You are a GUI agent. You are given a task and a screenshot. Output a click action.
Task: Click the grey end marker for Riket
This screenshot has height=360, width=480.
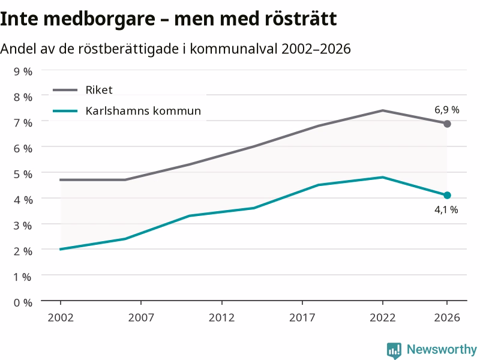tap(447, 124)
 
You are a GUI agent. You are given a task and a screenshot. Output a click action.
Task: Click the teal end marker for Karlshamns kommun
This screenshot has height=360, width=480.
tap(447, 195)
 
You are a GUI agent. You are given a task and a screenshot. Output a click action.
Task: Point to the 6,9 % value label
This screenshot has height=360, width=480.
tap(446, 110)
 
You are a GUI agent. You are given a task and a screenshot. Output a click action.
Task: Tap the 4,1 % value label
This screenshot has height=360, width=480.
tap(446, 209)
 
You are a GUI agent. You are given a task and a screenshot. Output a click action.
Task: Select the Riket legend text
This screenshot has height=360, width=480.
tap(99, 90)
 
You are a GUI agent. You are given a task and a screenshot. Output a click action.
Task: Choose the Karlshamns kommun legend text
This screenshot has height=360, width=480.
tap(143, 111)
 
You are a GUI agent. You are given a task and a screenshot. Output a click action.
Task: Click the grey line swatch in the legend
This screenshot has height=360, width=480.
tap(65, 90)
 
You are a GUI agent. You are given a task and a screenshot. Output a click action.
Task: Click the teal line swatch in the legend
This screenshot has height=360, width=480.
tap(65, 111)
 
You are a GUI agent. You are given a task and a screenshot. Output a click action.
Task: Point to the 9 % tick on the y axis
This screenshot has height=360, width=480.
tap(23, 71)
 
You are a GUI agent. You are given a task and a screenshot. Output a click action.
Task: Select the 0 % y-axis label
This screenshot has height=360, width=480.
tap(23, 303)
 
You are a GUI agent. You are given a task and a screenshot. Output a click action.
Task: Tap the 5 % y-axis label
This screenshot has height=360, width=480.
tap(23, 174)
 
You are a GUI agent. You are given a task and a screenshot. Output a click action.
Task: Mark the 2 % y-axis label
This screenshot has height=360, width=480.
tap(23, 251)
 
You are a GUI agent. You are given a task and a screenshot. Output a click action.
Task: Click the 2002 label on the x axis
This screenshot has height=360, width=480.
tap(61, 318)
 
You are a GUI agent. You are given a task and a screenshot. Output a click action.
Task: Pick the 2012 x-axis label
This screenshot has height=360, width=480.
tap(221, 318)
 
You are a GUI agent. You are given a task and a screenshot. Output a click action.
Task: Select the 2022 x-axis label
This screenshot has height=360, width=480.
tap(383, 318)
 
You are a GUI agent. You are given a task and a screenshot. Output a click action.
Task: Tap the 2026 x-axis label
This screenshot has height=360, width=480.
tap(447, 318)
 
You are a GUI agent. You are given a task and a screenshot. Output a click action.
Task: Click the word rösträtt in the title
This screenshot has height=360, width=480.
tap(301, 19)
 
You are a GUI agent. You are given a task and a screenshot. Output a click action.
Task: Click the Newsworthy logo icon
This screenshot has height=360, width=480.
tap(394, 350)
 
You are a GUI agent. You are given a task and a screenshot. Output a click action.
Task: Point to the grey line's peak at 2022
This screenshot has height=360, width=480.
tap(383, 110)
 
